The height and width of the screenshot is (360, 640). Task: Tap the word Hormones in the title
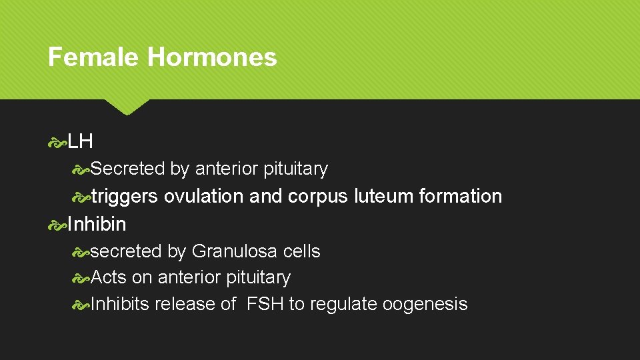[212, 57]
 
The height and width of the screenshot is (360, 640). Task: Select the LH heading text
[80, 141]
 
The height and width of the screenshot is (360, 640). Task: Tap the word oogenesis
[425, 305]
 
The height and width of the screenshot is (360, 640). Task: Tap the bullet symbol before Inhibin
[57, 225]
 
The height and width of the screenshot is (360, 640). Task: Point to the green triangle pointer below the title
[127, 107]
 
